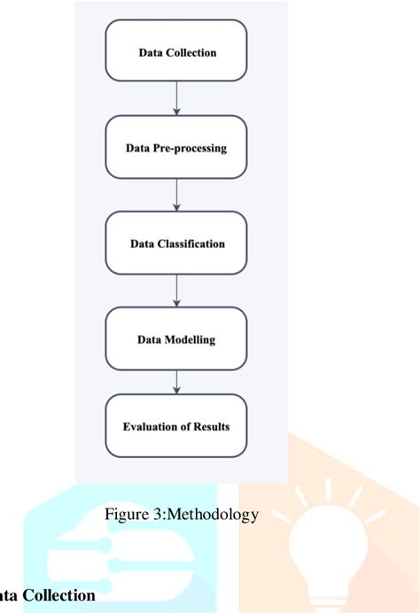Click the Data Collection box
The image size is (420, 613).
coord(177,51)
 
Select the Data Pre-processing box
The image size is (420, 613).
coord(177,147)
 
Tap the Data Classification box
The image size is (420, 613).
coord(177,243)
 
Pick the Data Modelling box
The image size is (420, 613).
coord(177,338)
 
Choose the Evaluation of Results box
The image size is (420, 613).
coord(177,426)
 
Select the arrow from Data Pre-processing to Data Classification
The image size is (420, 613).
coord(177,195)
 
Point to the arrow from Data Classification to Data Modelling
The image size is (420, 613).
coord(177,291)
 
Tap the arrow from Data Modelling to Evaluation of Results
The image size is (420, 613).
coord(177,382)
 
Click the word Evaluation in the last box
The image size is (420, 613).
coord(152,427)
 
